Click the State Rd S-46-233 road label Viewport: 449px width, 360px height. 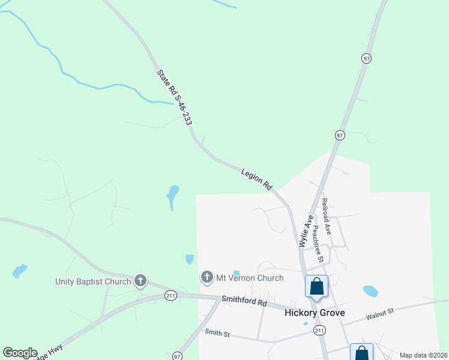[175, 97]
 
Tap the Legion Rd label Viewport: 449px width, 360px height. [257, 180]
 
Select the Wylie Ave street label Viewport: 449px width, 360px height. [306, 231]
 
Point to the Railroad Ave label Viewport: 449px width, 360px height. [326, 216]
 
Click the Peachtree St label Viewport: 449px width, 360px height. [318, 244]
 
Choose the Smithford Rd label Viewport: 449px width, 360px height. [244, 300]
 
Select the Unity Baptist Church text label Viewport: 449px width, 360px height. [93, 281]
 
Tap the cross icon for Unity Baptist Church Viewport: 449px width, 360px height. [140, 281]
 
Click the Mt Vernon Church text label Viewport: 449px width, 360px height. [250, 278]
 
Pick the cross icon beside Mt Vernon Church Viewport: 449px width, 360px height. [207, 277]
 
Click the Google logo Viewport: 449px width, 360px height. [20, 352]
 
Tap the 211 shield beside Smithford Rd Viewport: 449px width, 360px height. [171, 296]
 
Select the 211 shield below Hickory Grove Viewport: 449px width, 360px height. [319, 331]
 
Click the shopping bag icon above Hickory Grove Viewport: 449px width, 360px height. [316, 286]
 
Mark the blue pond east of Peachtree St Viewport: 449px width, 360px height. [370, 292]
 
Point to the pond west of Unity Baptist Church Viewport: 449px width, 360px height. [20, 271]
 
